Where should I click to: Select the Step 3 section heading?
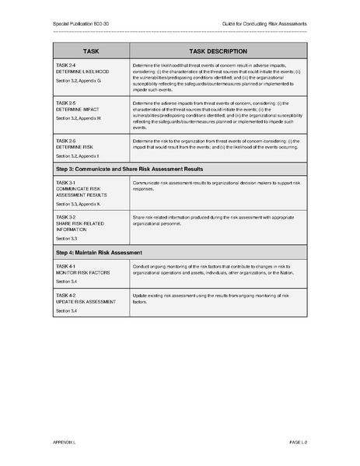[129, 168]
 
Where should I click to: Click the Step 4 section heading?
[100, 253]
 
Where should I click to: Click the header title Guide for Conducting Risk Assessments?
[265, 24]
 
